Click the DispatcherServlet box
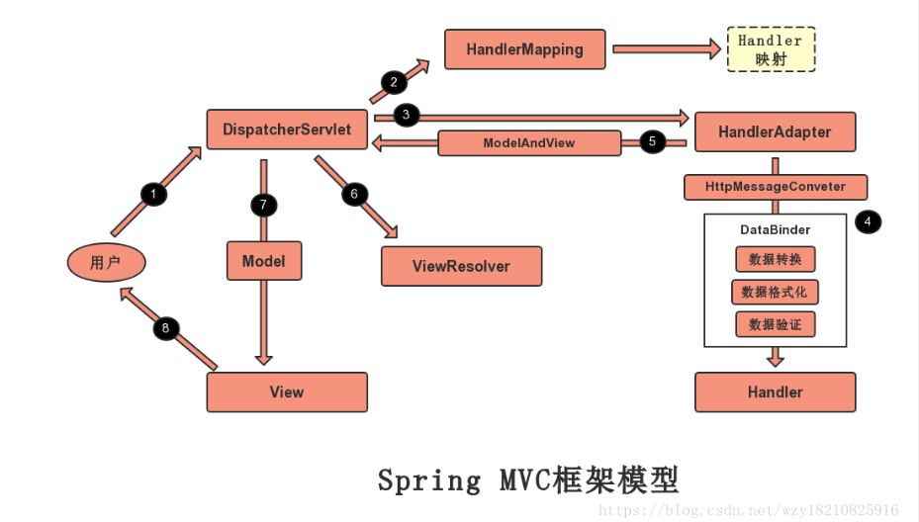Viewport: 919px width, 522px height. pos(287,130)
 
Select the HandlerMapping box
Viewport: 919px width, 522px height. pos(524,48)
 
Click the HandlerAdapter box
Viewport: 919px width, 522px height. pos(775,131)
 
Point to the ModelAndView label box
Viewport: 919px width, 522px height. pos(528,143)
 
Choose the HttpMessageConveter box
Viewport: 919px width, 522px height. pos(776,187)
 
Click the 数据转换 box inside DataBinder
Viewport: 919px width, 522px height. pos(776,259)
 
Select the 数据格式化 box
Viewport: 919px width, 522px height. pos(775,292)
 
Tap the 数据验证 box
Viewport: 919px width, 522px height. pos(776,324)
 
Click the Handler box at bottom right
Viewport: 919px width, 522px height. pos(775,392)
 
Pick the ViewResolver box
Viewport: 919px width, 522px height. pos(461,266)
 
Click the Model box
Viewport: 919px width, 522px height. pos(263,261)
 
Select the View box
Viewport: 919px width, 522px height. pos(286,392)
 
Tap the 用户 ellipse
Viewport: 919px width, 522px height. pos(106,262)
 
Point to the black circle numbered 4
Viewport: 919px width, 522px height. pos(868,222)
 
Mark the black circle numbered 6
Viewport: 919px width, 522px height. pos(354,194)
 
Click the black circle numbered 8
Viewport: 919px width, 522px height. pos(165,328)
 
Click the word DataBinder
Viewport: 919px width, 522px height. pos(775,229)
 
